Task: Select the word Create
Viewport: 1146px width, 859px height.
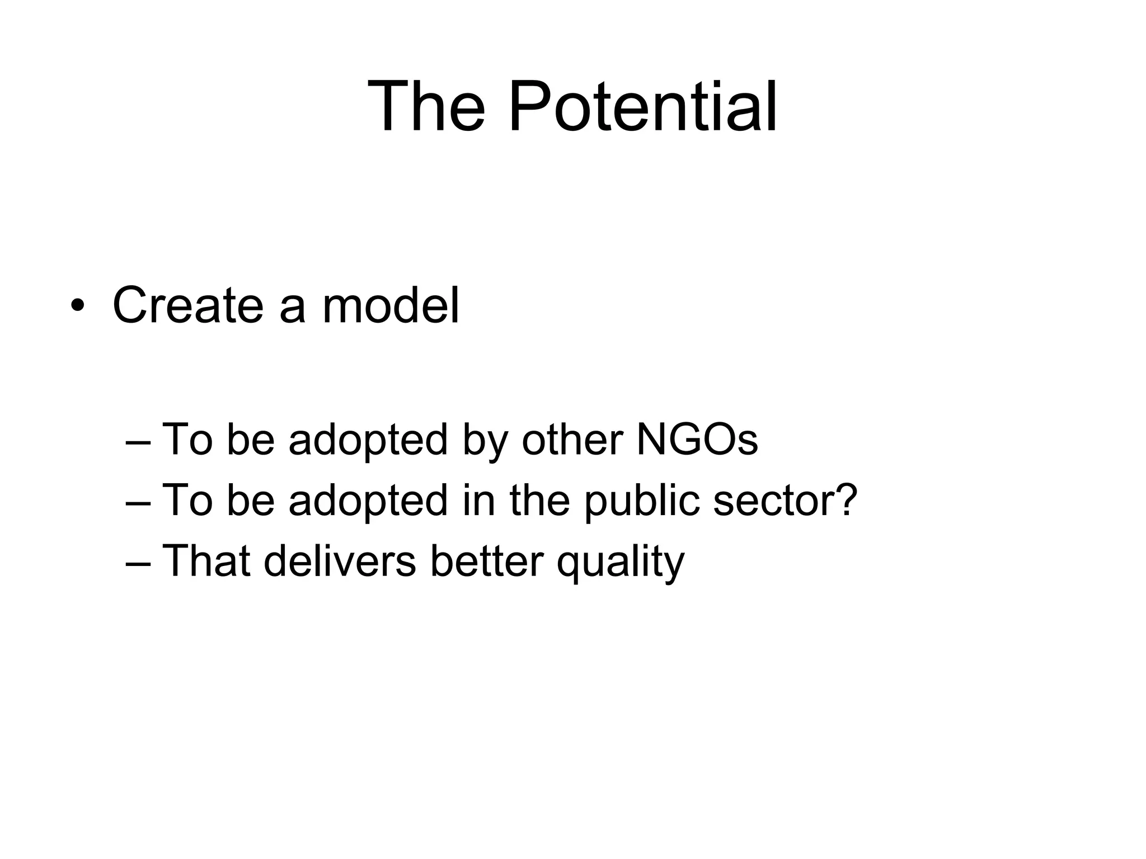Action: (187, 305)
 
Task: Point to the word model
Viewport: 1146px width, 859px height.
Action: (391, 305)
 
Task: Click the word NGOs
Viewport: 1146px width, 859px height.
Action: (697, 440)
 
